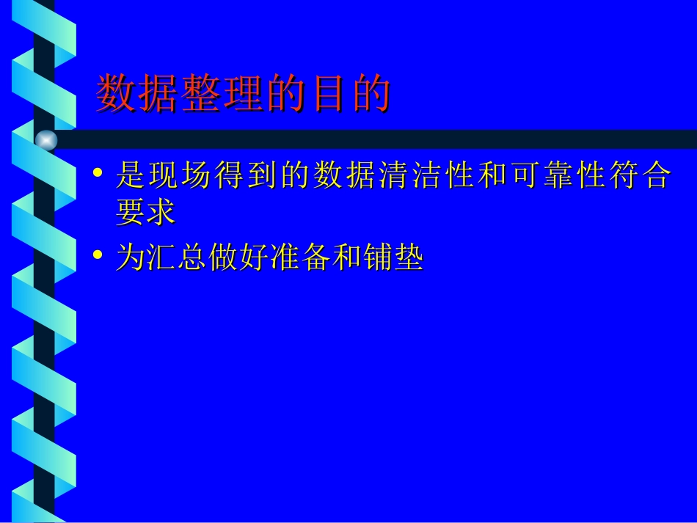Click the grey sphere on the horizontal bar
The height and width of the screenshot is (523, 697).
click(46, 139)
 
